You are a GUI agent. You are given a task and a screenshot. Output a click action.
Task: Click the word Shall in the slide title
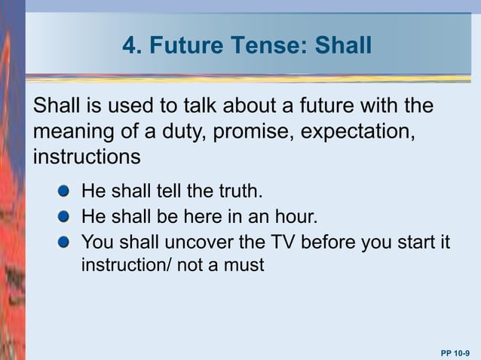(x=344, y=47)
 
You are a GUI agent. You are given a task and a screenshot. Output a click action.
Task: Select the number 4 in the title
(x=129, y=47)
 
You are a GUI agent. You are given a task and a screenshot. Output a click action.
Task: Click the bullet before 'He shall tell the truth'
(x=65, y=188)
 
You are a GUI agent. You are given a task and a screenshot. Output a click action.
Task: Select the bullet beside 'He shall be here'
(x=65, y=217)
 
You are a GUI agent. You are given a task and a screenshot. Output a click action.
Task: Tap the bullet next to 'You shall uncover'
(x=65, y=243)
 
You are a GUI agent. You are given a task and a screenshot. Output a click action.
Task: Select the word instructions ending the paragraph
(x=86, y=157)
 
